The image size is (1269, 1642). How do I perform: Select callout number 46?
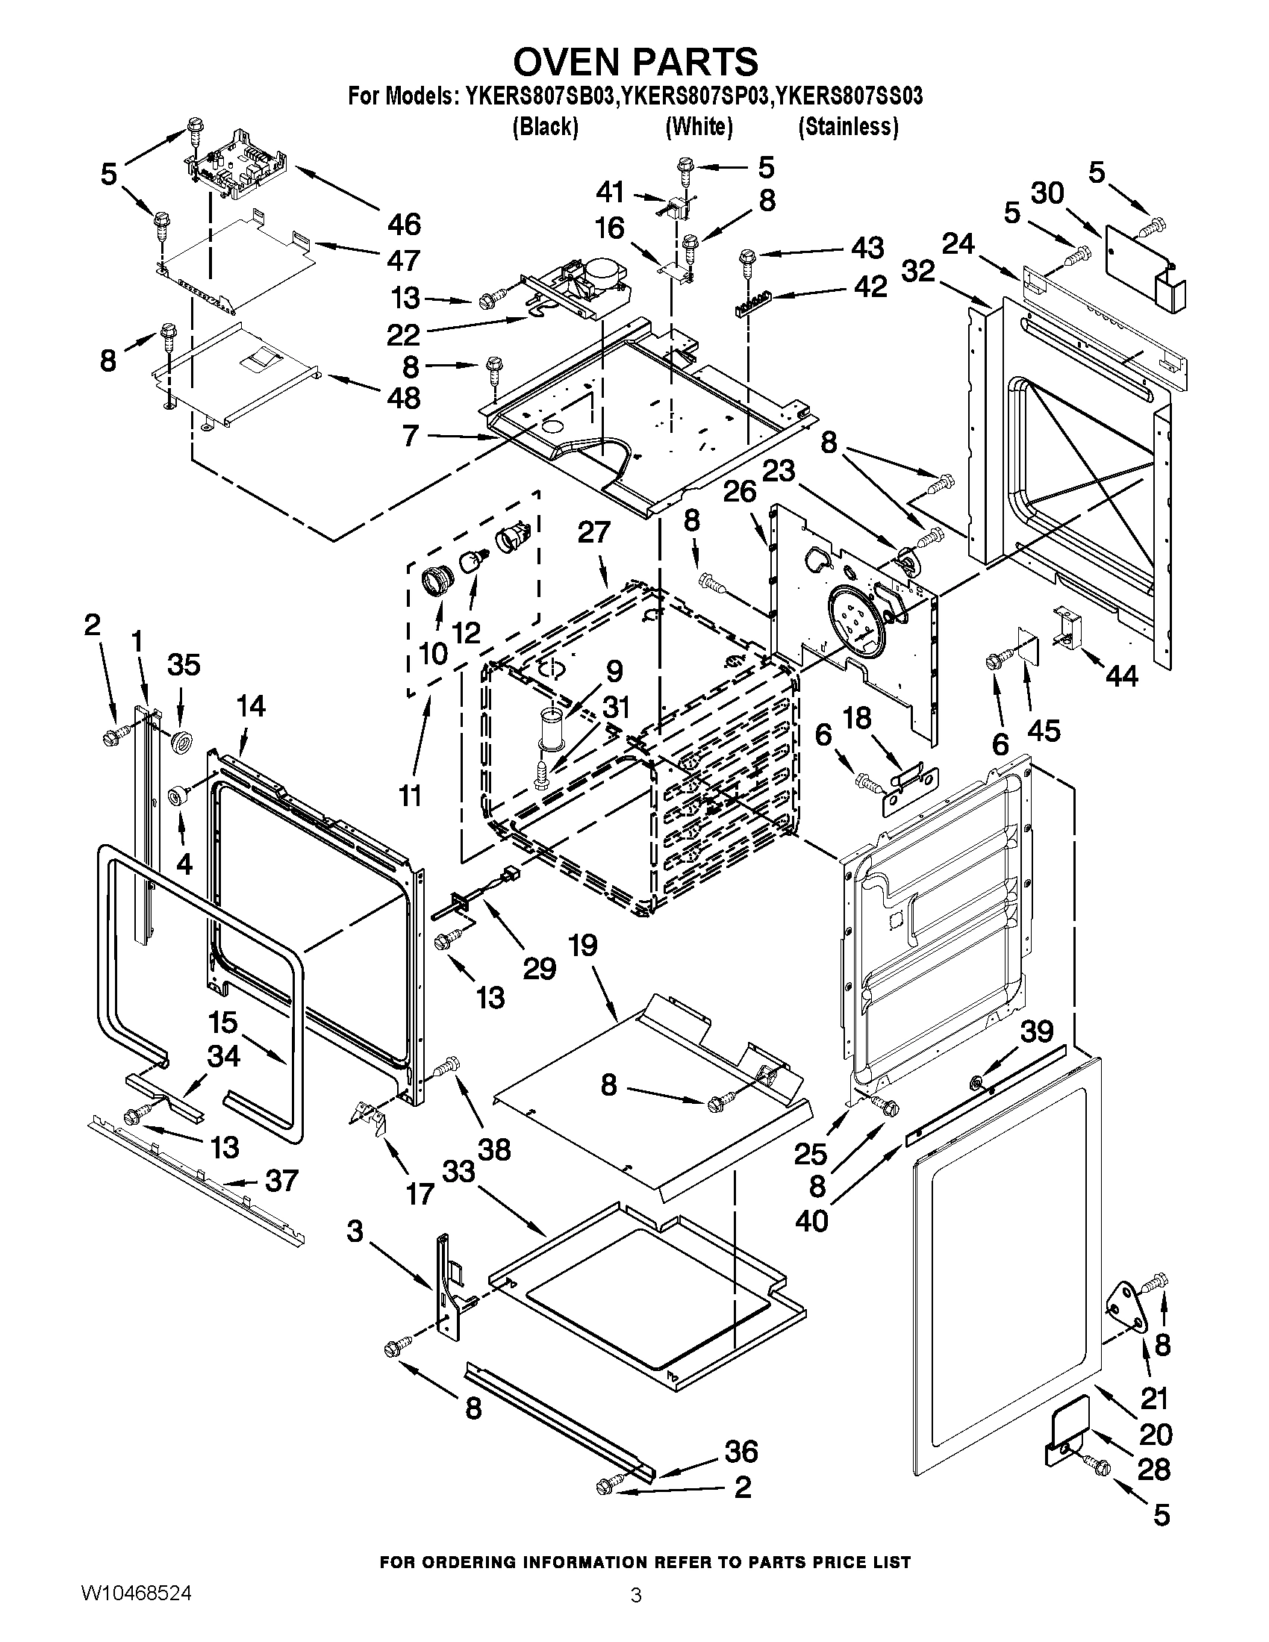(x=405, y=224)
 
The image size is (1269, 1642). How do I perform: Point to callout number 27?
(x=593, y=532)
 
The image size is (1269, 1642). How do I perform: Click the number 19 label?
(x=584, y=945)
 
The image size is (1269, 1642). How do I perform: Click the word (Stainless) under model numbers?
(x=848, y=126)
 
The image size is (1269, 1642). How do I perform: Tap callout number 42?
(x=870, y=287)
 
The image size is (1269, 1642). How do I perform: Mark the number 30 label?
(x=1047, y=193)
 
